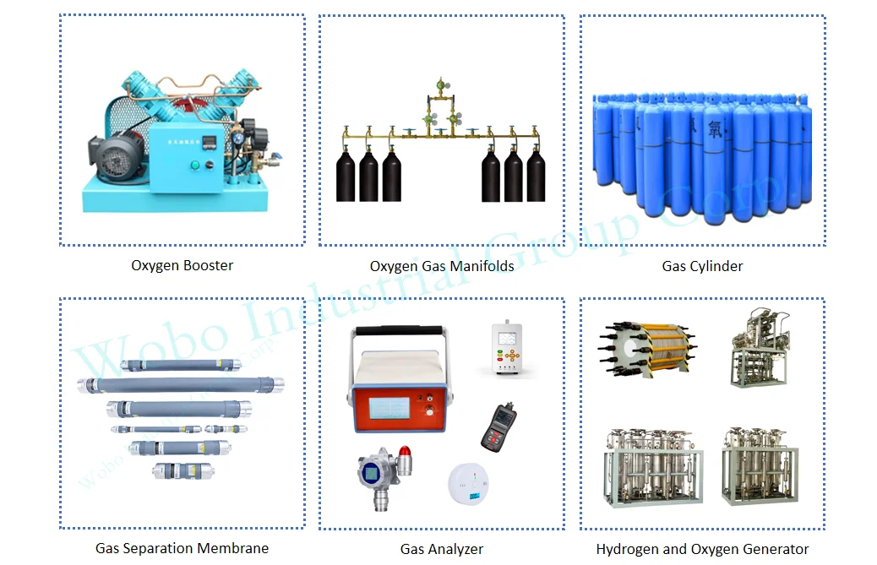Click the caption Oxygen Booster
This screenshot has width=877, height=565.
[182, 265]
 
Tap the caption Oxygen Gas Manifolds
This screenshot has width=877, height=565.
[441, 266]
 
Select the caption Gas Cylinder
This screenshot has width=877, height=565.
[702, 266]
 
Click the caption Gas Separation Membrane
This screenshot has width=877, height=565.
[182, 548]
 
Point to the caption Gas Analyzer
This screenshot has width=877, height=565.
[442, 549]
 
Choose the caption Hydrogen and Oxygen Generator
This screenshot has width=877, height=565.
[702, 549]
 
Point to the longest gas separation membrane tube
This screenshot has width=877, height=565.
[180, 385]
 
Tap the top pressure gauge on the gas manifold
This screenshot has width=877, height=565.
[438, 85]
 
